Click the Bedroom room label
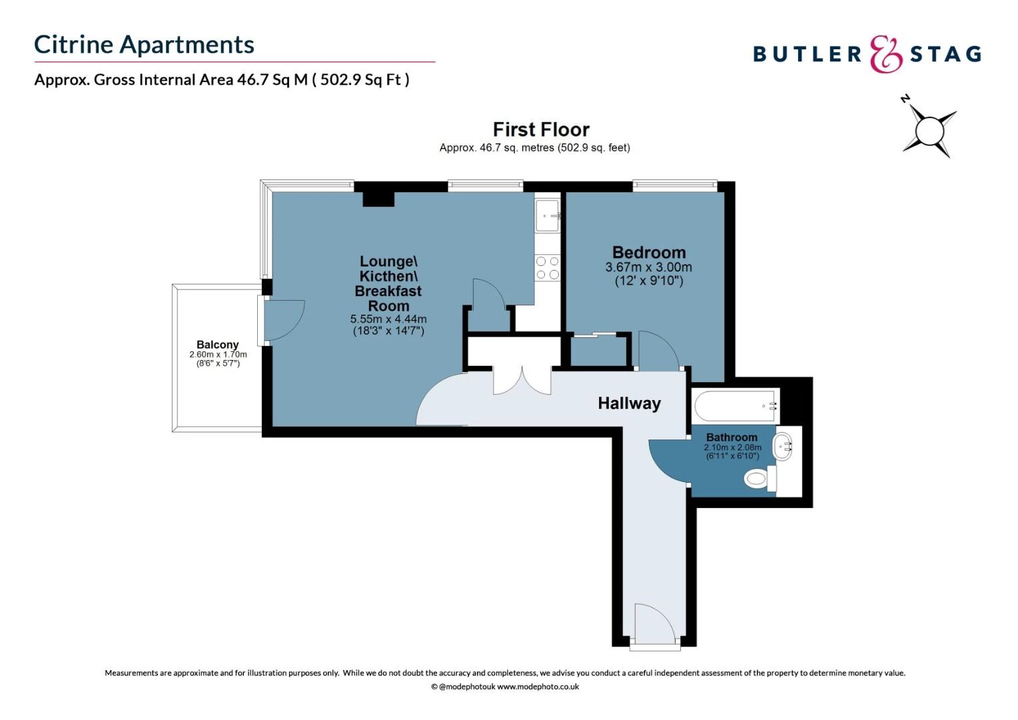(x=649, y=253)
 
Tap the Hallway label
(x=629, y=403)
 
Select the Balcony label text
(x=217, y=345)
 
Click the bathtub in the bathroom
(x=736, y=405)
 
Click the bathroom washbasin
(x=783, y=445)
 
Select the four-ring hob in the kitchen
(x=548, y=268)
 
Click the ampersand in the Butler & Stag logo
(x=886, y=55)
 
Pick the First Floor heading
(x=541, y=129)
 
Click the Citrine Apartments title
(x=144, y=45)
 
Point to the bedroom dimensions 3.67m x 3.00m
(x=648, y=267)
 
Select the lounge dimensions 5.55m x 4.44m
(x=388, y=319)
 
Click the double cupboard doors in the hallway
(x=522, y=380)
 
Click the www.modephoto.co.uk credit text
(x=538, y=687)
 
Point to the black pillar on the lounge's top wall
(x=378, y=199)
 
